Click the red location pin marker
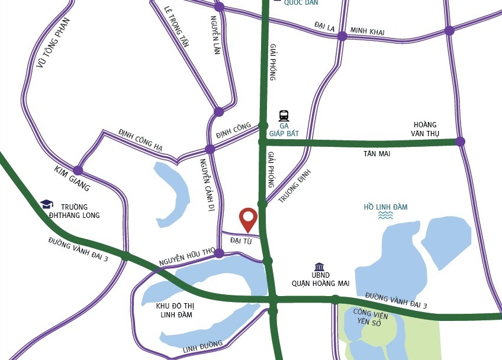(x=247, y=219)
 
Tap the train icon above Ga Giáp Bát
(x=284, y=115)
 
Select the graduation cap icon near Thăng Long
(x=47, y=204)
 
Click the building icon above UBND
(x=320, y=267)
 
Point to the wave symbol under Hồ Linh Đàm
(x=385, y=216)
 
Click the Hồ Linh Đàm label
(x=385, y=207)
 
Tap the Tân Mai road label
(x=376, y=154)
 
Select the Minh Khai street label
(x=367, y=31)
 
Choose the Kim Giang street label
(x=72, y=179)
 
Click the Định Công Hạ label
(x=140, y=140)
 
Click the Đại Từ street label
(x=241, y=241)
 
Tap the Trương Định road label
(x=294, y=186)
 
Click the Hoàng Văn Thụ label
(x=425, y=129)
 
